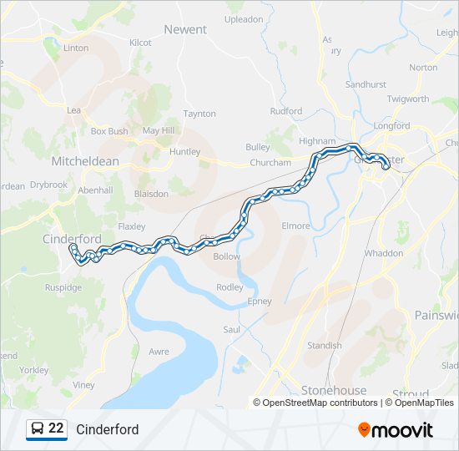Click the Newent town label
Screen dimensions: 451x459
click(185, 29)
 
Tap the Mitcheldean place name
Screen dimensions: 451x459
click(86, 160)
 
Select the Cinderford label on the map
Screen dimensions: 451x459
click(72, 239)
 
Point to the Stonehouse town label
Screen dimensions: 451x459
click(334, 390)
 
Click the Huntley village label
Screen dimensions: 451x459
click(184, 152)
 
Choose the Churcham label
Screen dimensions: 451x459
click(270, 163)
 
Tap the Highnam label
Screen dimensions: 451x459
click(316, 142)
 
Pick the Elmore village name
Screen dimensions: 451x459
click(295, 226)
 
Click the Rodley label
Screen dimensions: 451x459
click(229, 287)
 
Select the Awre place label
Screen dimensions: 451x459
click(159, 352)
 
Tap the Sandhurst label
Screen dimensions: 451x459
click(366, 85)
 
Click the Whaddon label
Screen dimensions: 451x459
click(383, 253)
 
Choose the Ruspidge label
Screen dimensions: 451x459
click(63, 287)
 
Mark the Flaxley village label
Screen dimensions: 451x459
click(132, 226)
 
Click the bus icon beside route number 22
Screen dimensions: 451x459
click(38, 428)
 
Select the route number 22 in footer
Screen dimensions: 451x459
click(56, 428)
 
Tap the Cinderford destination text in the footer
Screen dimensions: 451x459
click(108, 429)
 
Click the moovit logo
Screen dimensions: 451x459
click(396, 429)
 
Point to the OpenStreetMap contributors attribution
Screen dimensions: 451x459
click(320, 403)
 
